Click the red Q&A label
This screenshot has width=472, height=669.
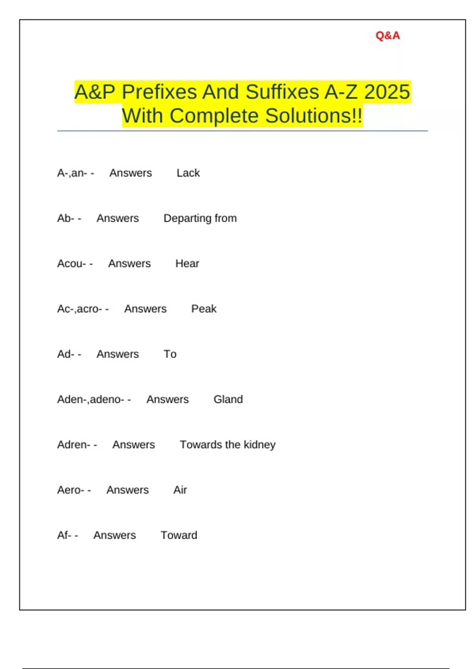(x=387, y=36)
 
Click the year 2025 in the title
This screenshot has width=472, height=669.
(x=387, y=92)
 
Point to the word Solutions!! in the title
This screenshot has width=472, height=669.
(x=313, y=116)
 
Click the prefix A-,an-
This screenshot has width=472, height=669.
(x=72, y=173)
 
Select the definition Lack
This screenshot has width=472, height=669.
(x=188, y=173)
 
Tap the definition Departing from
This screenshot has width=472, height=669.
(x=200, y=218)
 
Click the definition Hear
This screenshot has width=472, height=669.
(x=187, y=264)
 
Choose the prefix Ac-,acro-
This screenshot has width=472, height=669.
(x=79, y=309)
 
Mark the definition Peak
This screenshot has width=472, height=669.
(x=203, y=309)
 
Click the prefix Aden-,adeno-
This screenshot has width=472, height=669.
(x=90, y=399)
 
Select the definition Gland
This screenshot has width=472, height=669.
(x=228, y=399)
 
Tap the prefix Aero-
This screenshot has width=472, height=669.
(x=71, y=490)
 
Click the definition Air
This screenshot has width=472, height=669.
(x=180, y=490)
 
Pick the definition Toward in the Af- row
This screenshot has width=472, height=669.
(x=179, y=535)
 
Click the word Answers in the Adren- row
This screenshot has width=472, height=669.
(x=133, y=445)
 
